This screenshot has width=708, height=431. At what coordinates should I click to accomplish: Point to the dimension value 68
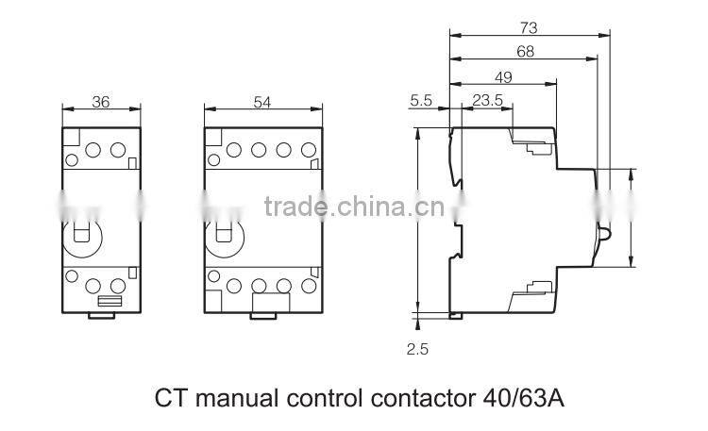click(x=525, y=53)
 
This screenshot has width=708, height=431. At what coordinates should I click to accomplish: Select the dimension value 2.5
click(x=417, y=348)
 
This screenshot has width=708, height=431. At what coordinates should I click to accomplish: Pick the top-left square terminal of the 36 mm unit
click(x=71, y=138)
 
